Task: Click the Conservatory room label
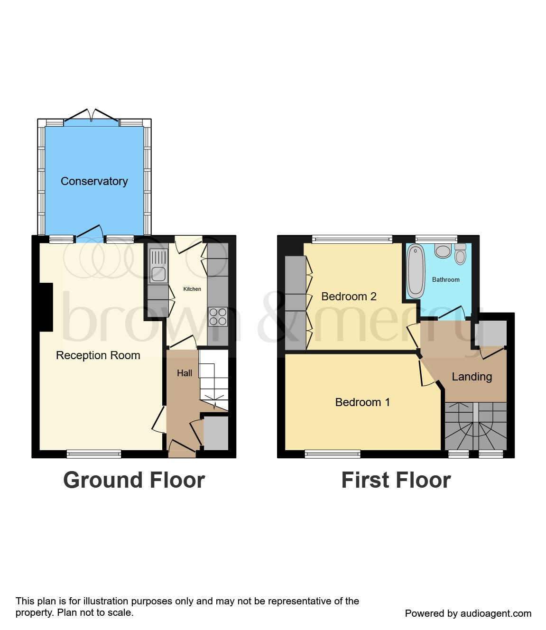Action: (94, 181)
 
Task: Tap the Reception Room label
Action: (98, 355)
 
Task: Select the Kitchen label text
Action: (192, 289)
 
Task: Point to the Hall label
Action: (185, 373)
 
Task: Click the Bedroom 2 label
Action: (349, 296)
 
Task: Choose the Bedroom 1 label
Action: (362, 402)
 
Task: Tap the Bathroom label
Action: (445, 280)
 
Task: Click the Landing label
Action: (472, 377)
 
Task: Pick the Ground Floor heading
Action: (134, 480)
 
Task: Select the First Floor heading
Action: (396, 480)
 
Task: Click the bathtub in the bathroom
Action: (416, 271)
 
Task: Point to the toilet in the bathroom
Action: (460, 255)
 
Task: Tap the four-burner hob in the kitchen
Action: (218, 317)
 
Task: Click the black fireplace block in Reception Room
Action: (46, 307)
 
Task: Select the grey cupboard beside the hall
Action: (216, 433)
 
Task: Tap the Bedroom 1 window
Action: (332, 454)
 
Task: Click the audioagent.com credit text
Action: (468, 613)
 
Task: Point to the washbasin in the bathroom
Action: (443, 250)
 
